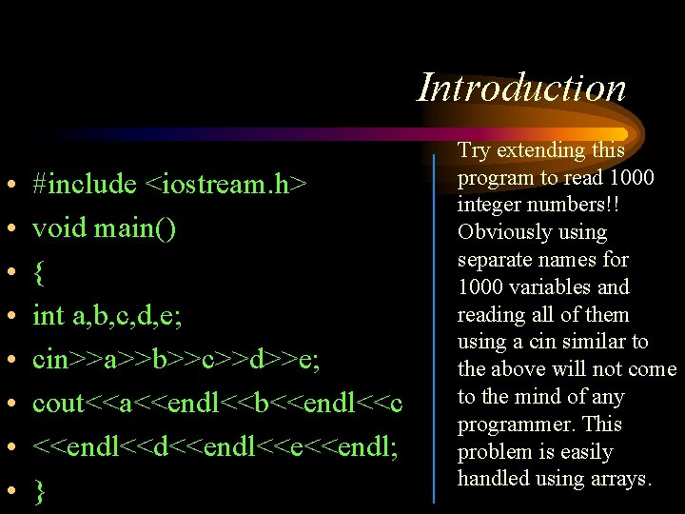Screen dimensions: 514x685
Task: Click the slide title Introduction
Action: (x=522, y=88)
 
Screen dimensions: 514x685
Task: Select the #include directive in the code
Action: (x=85, y=184)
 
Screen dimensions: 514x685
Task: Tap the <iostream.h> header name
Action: (x=225, y=184)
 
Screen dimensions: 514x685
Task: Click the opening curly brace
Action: (x=38, y=273)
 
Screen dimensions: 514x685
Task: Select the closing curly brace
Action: (x=38, y=491)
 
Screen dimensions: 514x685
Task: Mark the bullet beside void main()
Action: (x=8, y=229)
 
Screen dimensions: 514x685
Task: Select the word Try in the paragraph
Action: (x=474, y=150)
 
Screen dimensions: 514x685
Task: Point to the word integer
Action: (x=490, y=205)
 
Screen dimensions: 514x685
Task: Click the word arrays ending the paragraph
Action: (x=619, y=479)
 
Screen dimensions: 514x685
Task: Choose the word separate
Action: (x=495, y=260)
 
